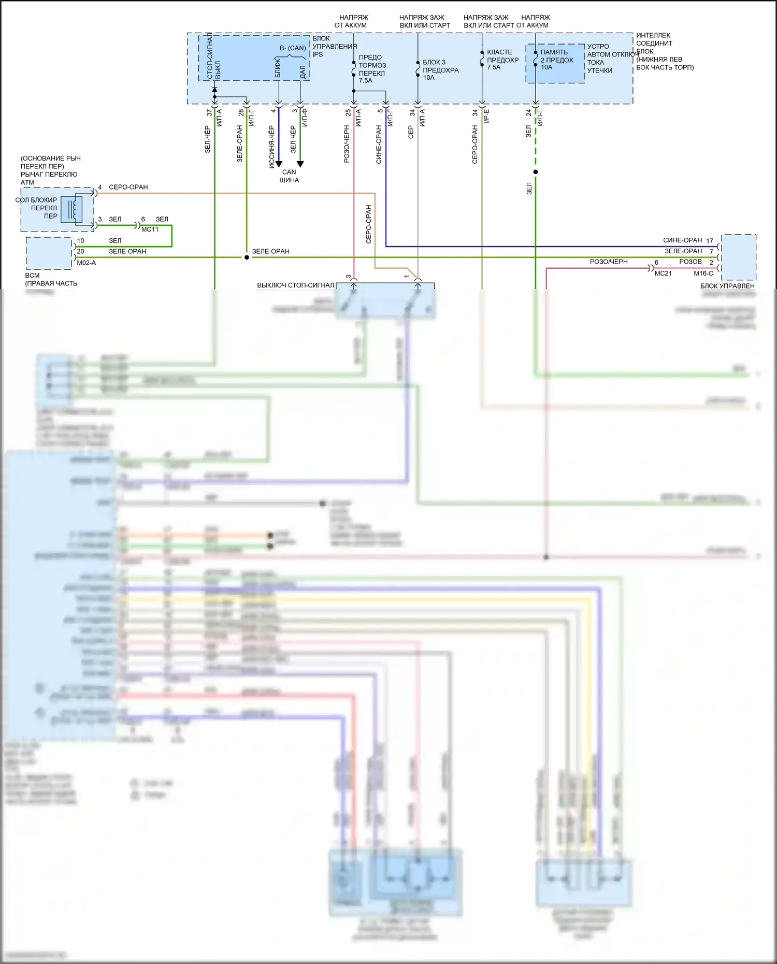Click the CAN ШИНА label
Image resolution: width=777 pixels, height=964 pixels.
pyautogui.click(x=289, y=176)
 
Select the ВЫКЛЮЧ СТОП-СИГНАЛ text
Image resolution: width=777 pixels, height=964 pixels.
pyautogui.click(x=295, y=285)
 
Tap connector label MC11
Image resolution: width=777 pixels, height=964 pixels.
pyautogui.click(x=150, y=229)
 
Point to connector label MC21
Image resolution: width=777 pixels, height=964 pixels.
pyautogui.click(x=663, y=273)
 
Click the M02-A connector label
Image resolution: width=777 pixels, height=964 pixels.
pyautogui.click(x=87, y=263)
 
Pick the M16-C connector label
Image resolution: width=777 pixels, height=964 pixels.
pyautogui.click(x=703, y=273)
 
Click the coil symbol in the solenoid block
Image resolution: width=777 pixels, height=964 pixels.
pyautogui.click(x=74, y=209)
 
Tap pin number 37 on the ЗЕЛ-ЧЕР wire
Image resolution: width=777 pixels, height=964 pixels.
pyautogui.click(x=209, y=112)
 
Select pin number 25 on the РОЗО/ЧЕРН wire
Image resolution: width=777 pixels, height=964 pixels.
pyautogui.click(x=348, y=112)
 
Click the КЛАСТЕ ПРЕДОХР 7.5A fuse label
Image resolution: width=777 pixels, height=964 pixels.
pyautogui.click(x=502, y=60)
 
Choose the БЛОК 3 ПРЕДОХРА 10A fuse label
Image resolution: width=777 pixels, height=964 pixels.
pyautogui.click(x=440, y=70)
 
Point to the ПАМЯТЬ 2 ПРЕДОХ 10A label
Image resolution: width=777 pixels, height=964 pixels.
pyautogui.click(x=556, y=60)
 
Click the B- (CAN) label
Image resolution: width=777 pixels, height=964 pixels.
pyautogui.click(x=293, y=48)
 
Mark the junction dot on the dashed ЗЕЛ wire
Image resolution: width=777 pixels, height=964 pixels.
pyautogui.click(x=536, y=172)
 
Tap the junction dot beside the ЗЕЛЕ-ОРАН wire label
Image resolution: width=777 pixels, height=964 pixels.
pyautogui.click(x=247, y=257)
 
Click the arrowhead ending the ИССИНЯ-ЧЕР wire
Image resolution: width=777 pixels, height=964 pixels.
pyautogui.click(x=279, y=164)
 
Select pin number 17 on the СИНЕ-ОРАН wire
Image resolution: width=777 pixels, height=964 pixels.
pyautogui.click(x=710, y=241)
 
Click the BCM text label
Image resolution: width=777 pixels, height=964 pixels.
pyautogui.click(x=32, y=276)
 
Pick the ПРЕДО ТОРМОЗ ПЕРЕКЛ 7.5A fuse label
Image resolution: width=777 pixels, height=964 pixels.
pyautogui.click(x=372, y=69)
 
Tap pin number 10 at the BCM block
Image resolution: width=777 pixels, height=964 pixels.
pyautogui.click(x=80, y=241)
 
